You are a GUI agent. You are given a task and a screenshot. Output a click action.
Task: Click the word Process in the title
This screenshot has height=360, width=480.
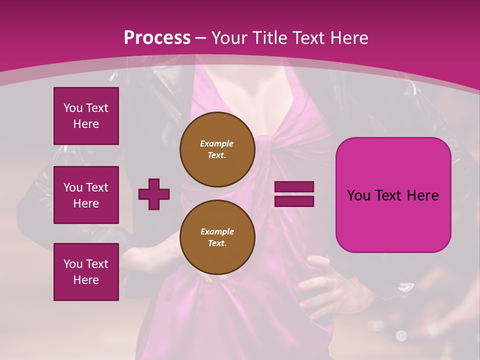point(157,37)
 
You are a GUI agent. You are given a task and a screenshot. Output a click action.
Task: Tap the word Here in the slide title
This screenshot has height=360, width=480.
point(347,37)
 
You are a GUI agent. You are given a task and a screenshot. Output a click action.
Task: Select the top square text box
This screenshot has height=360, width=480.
point(86,116)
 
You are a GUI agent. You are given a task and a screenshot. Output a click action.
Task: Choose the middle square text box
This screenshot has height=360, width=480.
point(86,195)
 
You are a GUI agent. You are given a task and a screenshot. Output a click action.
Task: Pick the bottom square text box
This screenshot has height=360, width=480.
point(86,272)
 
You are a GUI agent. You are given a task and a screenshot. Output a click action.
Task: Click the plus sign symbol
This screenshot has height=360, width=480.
point(154,194)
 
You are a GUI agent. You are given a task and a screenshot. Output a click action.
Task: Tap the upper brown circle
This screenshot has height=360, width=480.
point(217,149)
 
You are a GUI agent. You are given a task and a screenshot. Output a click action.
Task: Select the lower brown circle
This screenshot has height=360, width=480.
point(217,237)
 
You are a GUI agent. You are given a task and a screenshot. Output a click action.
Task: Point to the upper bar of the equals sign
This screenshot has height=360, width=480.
point(294,187)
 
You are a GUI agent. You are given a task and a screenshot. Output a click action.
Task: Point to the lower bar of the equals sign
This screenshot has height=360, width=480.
point(294,201)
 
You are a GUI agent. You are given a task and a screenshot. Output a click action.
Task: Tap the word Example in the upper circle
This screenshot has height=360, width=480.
point(217,143)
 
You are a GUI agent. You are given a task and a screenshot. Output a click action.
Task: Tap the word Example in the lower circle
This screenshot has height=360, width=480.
point(217,231)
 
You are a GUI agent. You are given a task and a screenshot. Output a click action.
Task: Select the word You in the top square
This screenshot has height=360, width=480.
point(73,108)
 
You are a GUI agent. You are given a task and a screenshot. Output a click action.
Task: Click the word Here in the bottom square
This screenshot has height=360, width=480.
point(86,280)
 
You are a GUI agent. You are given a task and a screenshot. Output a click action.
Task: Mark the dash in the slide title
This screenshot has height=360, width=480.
point(201,37)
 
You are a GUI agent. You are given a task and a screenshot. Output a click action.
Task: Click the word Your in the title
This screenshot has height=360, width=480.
point(229,37)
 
